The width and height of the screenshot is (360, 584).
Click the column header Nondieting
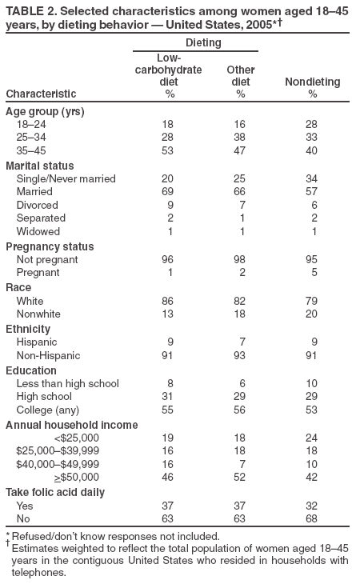[312, 82]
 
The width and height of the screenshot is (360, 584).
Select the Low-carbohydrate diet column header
[168, 70]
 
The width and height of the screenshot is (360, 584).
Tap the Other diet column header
[240, 76]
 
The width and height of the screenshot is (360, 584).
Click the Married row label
[34, 192]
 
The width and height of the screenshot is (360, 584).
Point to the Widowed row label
[37, 231]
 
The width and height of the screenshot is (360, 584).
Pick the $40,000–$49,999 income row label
[58, 464]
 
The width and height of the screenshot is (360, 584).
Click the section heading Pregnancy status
[50, 246]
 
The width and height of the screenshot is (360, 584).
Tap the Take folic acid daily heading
[55, 493]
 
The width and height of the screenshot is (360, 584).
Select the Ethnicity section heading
[28, 329]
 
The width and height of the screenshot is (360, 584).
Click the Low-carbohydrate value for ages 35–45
[168, 150]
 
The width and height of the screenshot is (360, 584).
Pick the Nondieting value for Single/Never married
[312, 178]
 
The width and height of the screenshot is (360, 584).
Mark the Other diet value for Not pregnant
[240, 260]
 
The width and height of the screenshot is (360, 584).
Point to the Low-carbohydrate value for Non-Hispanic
[168, 356]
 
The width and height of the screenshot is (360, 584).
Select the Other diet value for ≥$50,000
[240, 478]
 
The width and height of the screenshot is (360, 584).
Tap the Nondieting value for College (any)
[312, 411]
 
